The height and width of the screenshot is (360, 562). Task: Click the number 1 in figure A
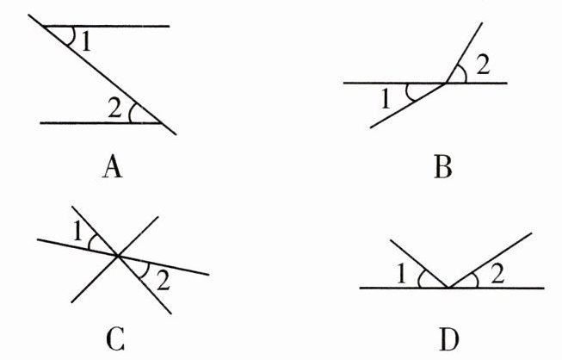(86, 41)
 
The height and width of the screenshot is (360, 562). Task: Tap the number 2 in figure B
(483, 64)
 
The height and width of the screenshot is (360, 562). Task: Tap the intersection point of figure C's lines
(118, 255)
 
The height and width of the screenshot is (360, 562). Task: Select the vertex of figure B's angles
(444, 84)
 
